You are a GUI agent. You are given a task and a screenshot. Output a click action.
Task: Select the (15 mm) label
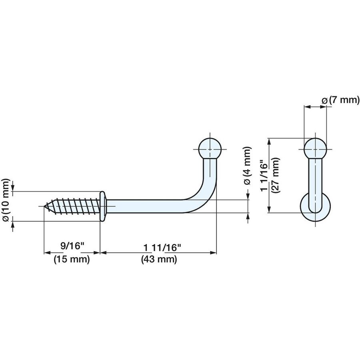pyautogui.click(x=71, y=259)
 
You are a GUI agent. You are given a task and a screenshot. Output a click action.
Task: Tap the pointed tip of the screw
pyautogui.click(x=45, y=206)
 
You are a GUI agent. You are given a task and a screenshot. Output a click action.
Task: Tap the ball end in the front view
pyautogui.click(x=316, y=149)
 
